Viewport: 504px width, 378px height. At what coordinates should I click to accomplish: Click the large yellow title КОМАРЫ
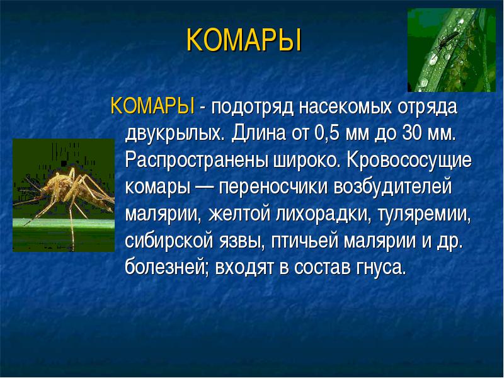(244, 40)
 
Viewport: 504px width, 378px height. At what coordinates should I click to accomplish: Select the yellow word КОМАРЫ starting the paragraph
(152, 106)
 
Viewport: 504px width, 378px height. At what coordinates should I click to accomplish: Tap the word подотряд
(253, 107)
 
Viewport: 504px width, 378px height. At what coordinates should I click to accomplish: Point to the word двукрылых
(173, 134)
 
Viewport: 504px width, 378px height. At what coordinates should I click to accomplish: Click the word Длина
(258, 133)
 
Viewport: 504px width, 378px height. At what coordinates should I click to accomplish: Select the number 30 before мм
(409, 132)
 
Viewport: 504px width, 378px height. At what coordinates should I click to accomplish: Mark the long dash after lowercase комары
(204, 187)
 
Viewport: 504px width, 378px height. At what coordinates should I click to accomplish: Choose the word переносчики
(273, 187)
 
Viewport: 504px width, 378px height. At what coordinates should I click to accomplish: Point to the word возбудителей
(392, 186)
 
